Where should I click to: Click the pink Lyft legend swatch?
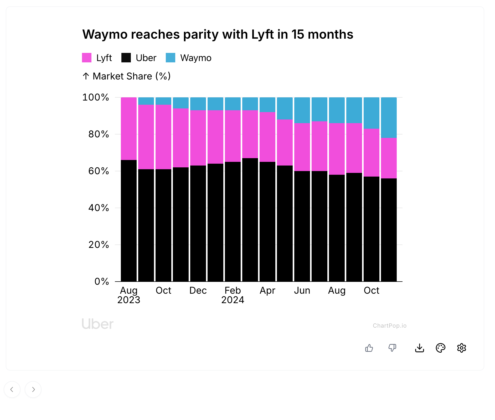pos(87,58)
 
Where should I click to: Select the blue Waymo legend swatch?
pos(171,58)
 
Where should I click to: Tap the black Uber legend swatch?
pos(126,58)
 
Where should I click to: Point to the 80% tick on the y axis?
pos(99,134)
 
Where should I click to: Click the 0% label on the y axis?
pos(102,282)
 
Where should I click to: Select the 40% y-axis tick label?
pos(99,208)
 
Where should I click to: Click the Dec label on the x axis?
pos(198,291)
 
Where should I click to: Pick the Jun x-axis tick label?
pos(302,291)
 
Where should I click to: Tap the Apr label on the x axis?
pos(267,291)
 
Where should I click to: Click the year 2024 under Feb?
pos(233,300)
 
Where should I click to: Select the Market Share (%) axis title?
pos(131,76)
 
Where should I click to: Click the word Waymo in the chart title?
pos(105,34)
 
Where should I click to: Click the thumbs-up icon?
pos(369,348)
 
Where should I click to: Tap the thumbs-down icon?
pos(392,348)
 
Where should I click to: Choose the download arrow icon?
pos(420,348)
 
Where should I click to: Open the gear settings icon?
pos(462,348)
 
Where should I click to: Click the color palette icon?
pos(441,348)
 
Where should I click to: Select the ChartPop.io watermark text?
pos(390,326)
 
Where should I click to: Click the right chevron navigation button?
pos(33,389)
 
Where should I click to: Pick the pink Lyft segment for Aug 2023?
pos(129,129)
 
